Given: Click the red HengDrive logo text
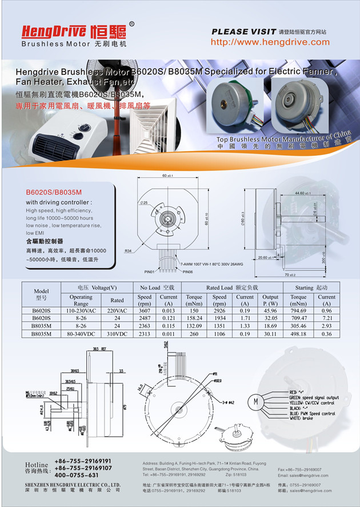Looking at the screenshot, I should point(54,31).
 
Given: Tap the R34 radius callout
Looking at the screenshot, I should point(128,251).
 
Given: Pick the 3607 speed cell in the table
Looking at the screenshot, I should point(145,310).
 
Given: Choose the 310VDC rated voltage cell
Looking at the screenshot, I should point(117,333).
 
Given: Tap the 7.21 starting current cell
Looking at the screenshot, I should point(327,318).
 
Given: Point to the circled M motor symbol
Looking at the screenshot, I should point(257,401).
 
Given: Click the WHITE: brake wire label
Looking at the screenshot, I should point(305,419).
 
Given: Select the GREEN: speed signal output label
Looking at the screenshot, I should point(314,397).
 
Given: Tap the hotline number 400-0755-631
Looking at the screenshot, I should point(77,475).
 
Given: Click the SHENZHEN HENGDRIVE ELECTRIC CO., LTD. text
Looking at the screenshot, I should point(72,484).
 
